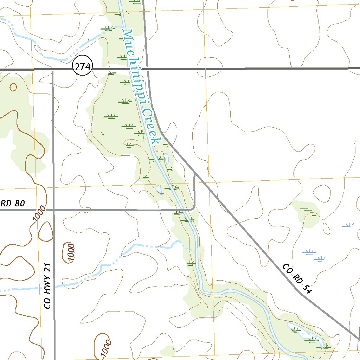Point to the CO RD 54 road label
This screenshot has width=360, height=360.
point(297,278)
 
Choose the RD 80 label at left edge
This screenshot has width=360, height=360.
point(13,203)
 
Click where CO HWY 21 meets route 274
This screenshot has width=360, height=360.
point(52,70)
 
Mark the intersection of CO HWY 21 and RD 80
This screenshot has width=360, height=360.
point(53,210)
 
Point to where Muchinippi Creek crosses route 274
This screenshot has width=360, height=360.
point(128,69)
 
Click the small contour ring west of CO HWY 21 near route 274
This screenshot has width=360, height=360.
point(13,87)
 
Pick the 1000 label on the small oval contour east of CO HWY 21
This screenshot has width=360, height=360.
point(71,252)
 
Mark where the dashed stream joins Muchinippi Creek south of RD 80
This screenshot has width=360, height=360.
point(195,251)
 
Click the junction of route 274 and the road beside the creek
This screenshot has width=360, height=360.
point(148,69)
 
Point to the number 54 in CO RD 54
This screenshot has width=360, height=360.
point(307,288)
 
